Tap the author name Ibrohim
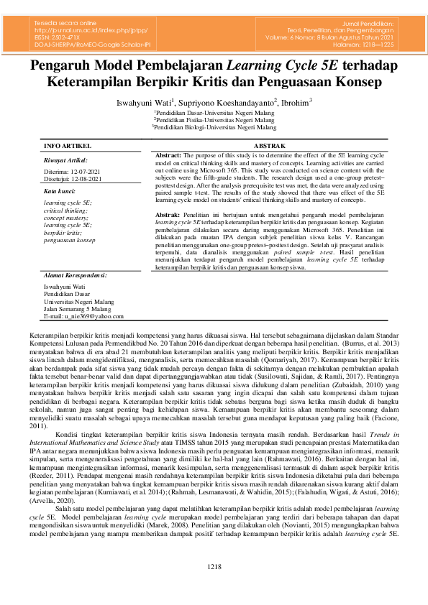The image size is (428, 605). (295, 103)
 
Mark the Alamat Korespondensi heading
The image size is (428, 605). (76, 275)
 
